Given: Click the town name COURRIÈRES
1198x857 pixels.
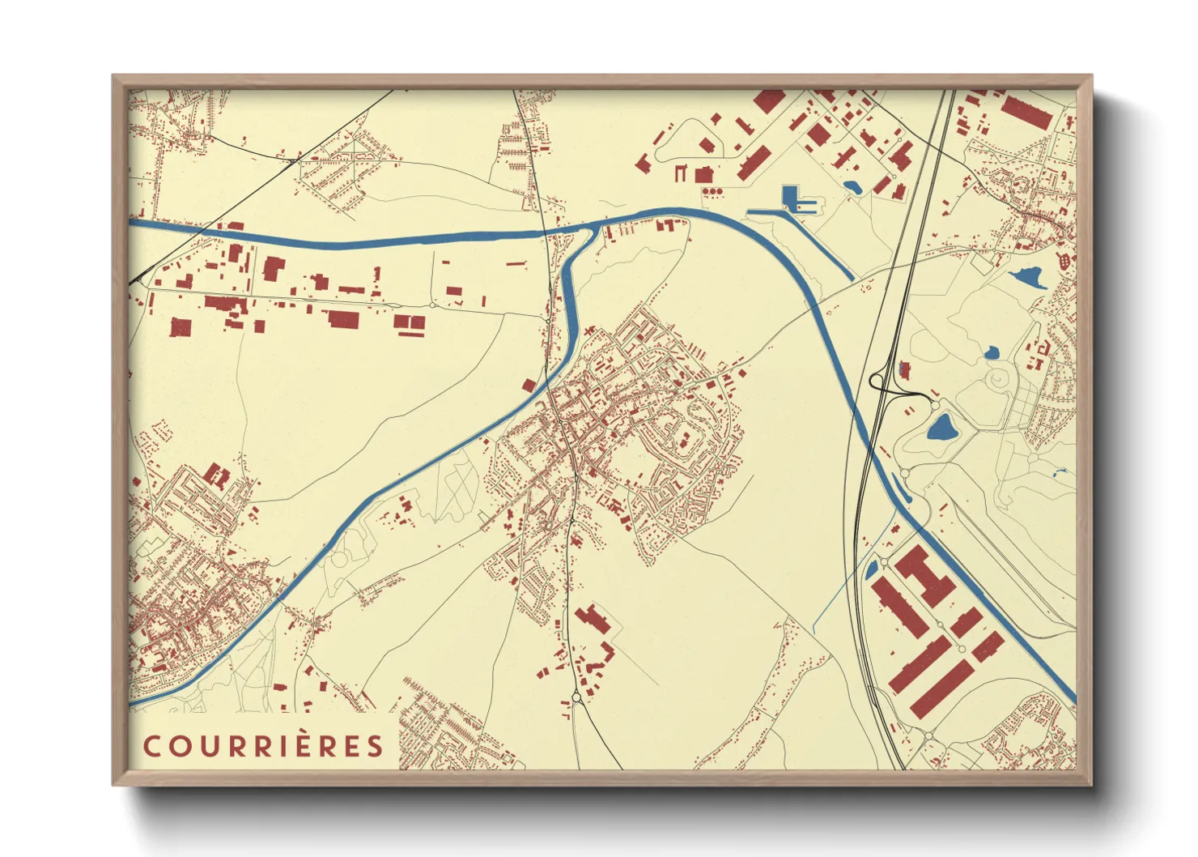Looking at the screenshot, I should pos(263,746).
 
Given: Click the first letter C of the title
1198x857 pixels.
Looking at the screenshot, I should pos(151,746).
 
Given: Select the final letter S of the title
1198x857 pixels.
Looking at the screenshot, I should pos(375,746).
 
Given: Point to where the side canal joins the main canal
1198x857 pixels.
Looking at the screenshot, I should pos(590,232).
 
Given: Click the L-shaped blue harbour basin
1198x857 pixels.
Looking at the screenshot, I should pos(791,198).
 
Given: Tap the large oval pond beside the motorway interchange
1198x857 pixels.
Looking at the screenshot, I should pos(941,426).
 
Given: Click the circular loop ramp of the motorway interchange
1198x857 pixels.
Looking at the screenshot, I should pos(877,380).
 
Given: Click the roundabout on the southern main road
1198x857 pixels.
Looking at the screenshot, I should pos(576,697).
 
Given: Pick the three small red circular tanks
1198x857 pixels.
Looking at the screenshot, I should pos(712,191).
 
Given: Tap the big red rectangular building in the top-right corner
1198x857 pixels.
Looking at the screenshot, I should pos(1026,112).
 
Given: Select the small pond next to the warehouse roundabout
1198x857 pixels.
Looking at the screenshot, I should pos(872,570).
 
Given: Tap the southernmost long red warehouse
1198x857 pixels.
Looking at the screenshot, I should pos(941,689).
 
